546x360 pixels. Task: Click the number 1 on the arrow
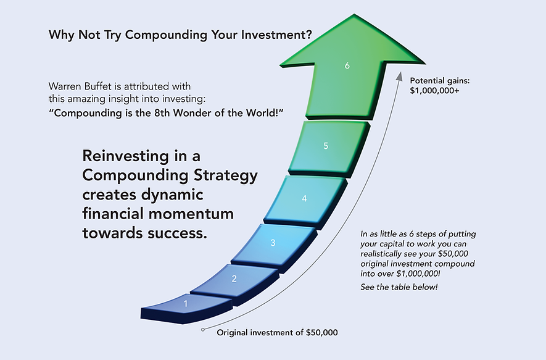(186, 303)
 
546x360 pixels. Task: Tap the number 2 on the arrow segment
(234, 278)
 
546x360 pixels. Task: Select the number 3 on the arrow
(273, 243)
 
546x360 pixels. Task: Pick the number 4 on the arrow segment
(304, 199)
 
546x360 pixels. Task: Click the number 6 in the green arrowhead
(347, 64)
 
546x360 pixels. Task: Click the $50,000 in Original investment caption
(321, 333)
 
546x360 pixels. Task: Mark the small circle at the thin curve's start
(203, 330)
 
